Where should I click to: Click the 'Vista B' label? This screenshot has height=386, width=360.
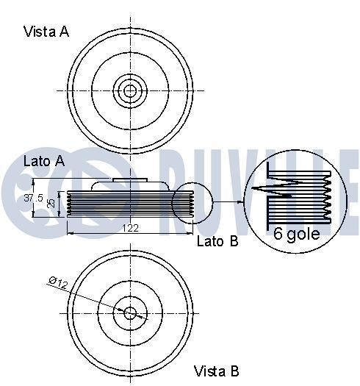point(216,371)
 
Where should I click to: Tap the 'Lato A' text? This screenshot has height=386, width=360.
point(44,160)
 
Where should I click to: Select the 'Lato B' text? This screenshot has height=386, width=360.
point(217,240)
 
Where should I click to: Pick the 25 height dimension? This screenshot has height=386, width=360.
point(50,202)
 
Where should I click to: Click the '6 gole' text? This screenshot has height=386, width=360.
point(298,235)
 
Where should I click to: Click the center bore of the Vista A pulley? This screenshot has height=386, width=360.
point(131,91)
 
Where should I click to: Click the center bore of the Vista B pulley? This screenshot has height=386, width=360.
point(131,313)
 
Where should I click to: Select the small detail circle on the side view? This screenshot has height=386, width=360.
point(192,201)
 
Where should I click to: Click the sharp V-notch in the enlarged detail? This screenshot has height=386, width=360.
point(257,189)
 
